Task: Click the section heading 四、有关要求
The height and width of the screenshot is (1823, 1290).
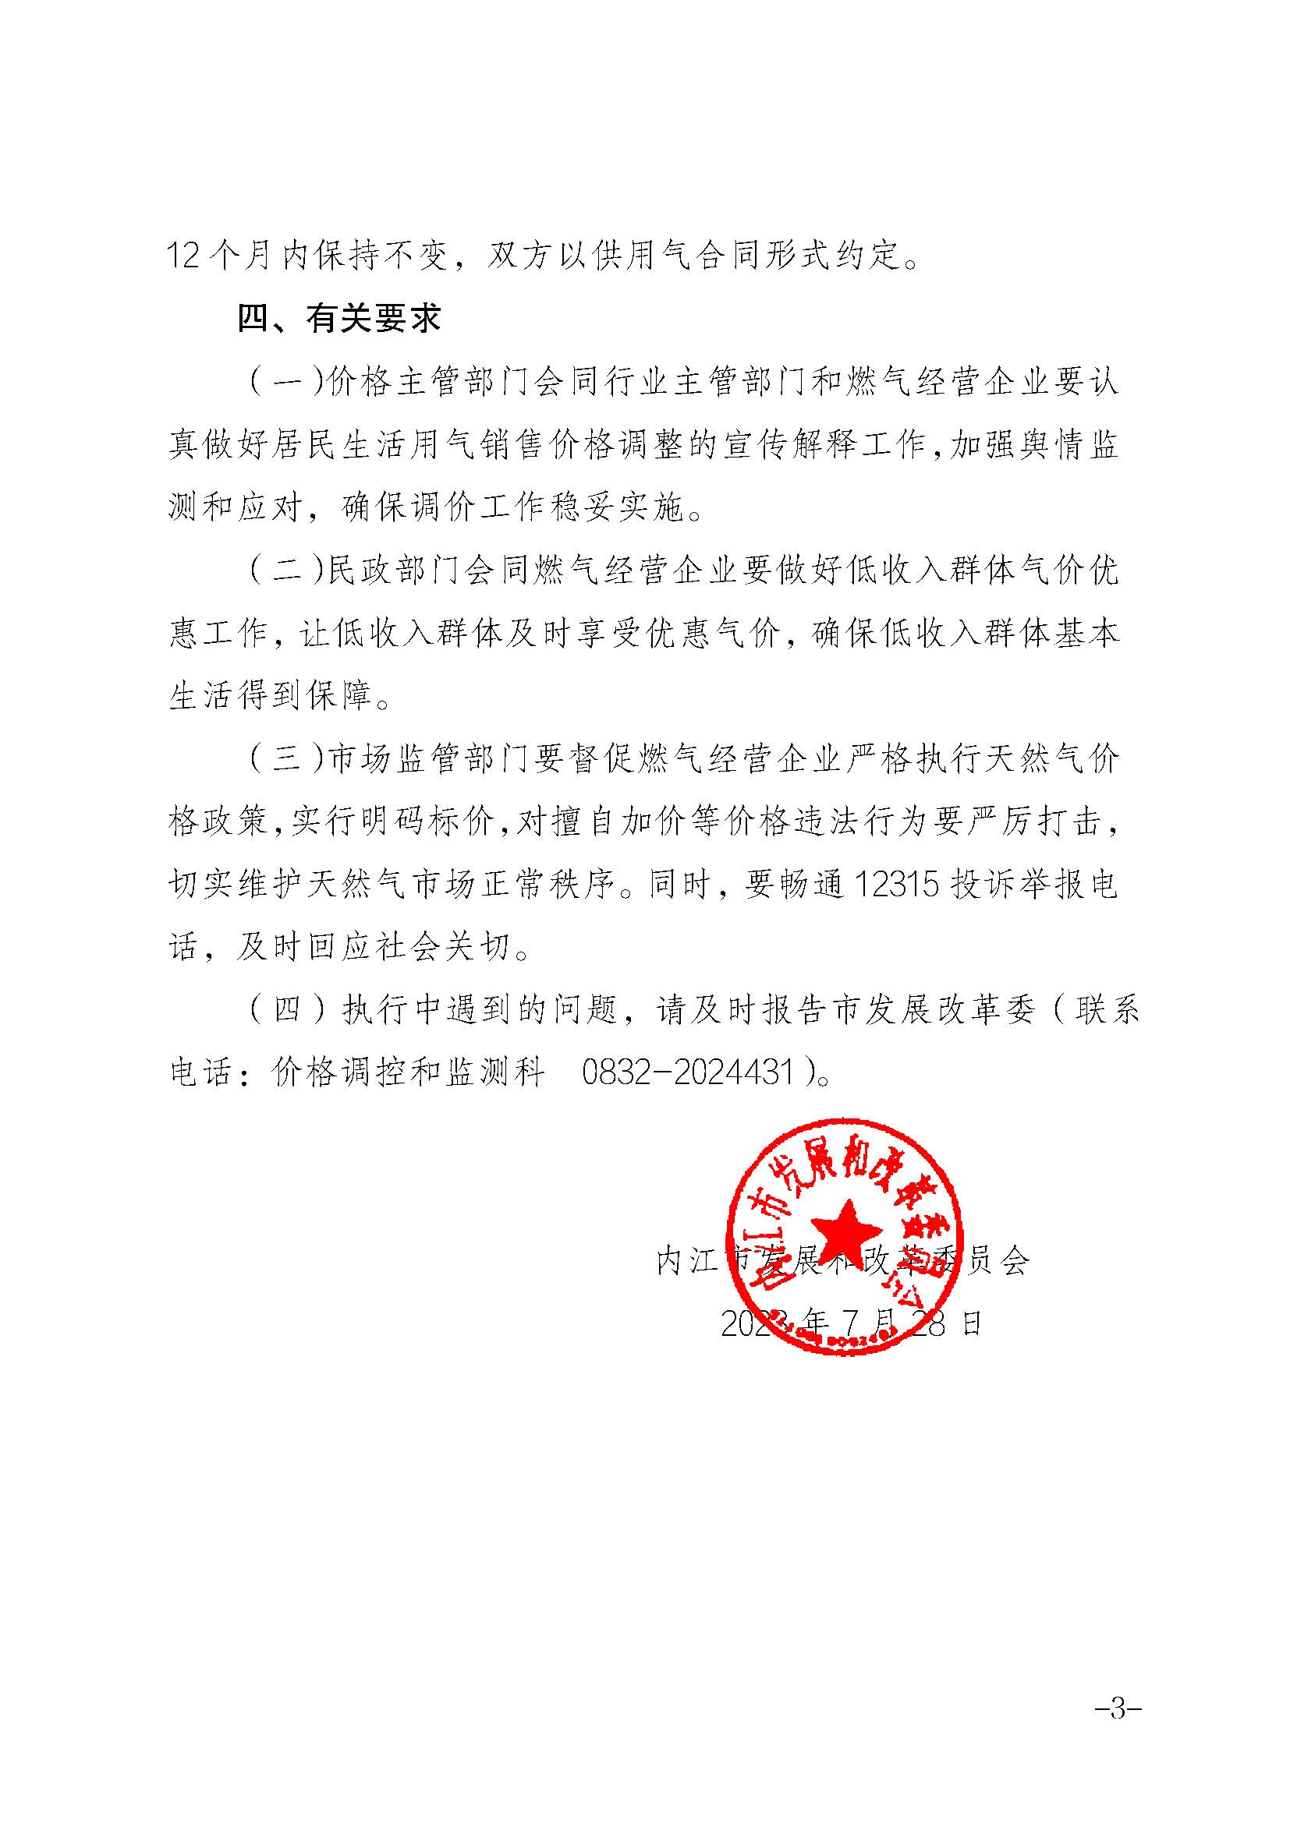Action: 339,320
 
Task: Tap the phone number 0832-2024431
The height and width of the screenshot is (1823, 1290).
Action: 688,1073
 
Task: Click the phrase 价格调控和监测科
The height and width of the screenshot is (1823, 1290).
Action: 407,1073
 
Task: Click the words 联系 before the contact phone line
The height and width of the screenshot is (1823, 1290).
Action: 1107,1011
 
